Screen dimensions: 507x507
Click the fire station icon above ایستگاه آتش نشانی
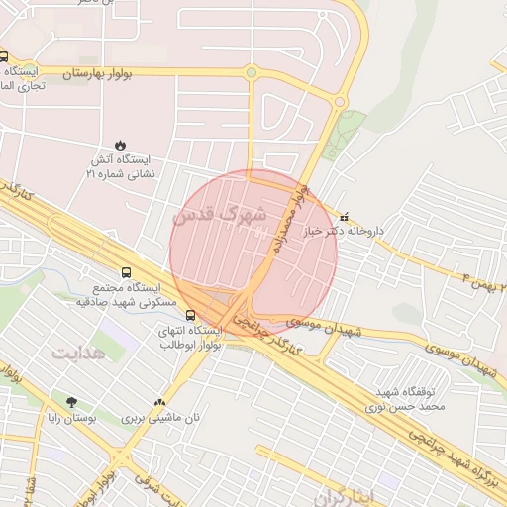(x=121, y=145)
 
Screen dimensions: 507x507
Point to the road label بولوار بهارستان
(x=105, y=73)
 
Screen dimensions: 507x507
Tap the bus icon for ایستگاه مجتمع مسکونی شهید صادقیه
(x=126, y=271)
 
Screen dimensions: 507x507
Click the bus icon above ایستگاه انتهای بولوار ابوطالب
(x=190, y=316)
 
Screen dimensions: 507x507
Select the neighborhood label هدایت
(x=77, y=352)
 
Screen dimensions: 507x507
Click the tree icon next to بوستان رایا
(x=71, y=402)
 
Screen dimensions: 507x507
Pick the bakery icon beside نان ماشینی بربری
(x=160, y=402)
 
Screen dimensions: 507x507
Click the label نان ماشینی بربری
(x=160, y=418)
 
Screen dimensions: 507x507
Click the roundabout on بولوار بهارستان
(x=252, y=72)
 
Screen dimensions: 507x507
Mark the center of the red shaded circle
(x=253, y=253)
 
